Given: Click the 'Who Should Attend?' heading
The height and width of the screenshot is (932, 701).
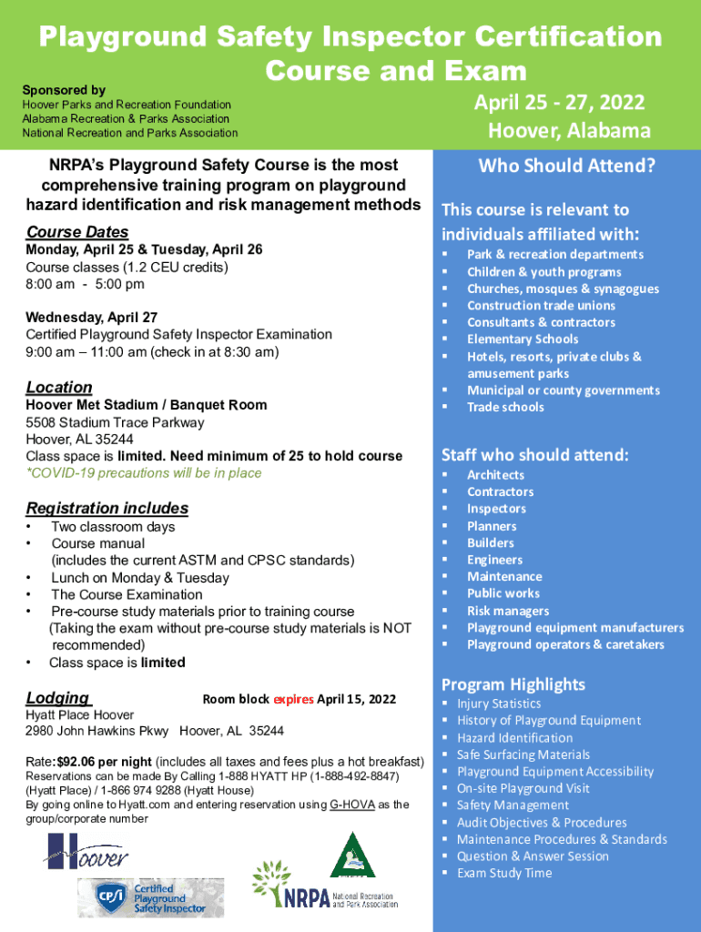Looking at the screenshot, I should (x=566, y=167).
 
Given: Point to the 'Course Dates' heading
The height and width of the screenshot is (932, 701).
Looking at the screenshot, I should (x=77, y=231).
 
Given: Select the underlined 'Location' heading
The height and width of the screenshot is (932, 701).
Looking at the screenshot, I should (x=59, y=387).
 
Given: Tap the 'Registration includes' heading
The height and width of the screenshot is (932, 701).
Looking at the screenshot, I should (x=107, y=508).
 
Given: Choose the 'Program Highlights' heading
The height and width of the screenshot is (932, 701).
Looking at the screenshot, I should (x=513, y=684).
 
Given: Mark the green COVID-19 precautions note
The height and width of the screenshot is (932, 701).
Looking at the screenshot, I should (x=144, y=472).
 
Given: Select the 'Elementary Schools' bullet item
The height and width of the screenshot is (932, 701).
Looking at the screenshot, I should (x=523, y=339).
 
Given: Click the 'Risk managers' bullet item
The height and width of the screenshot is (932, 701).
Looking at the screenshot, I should (x=508, y=611).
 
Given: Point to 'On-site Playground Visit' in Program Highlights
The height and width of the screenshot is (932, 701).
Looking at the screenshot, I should (x=523, y=788).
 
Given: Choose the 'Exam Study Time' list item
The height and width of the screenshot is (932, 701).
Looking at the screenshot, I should (x=504, y=873).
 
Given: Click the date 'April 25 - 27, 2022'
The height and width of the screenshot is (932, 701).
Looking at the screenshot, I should (x=559, y=101).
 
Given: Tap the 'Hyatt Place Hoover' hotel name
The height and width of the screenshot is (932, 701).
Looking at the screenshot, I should (x=80, y=714).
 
